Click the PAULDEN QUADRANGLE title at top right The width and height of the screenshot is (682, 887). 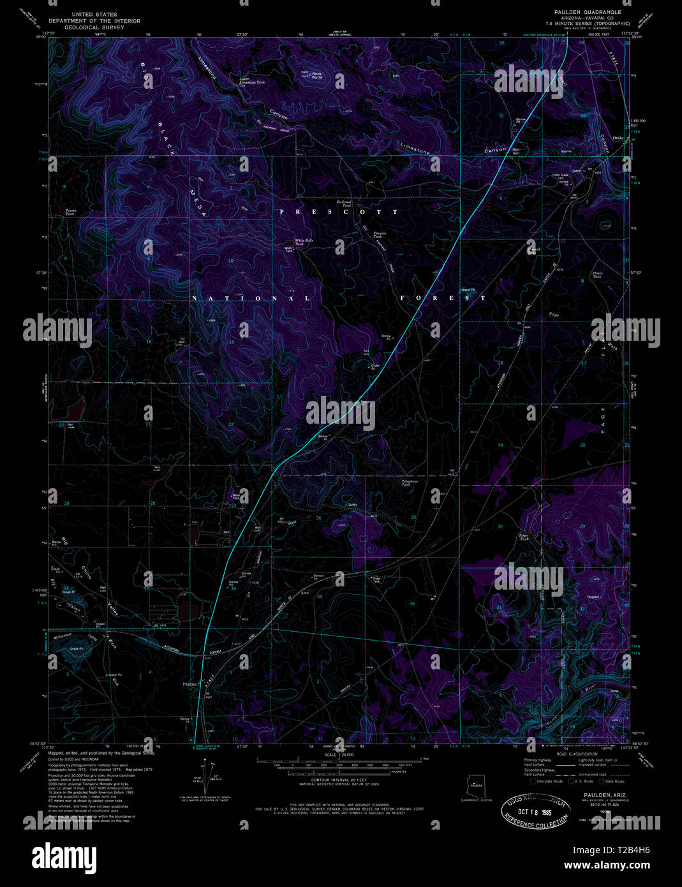[584, 12]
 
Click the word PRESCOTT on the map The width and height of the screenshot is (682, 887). [338, 211]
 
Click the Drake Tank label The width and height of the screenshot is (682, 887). [597, 274]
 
